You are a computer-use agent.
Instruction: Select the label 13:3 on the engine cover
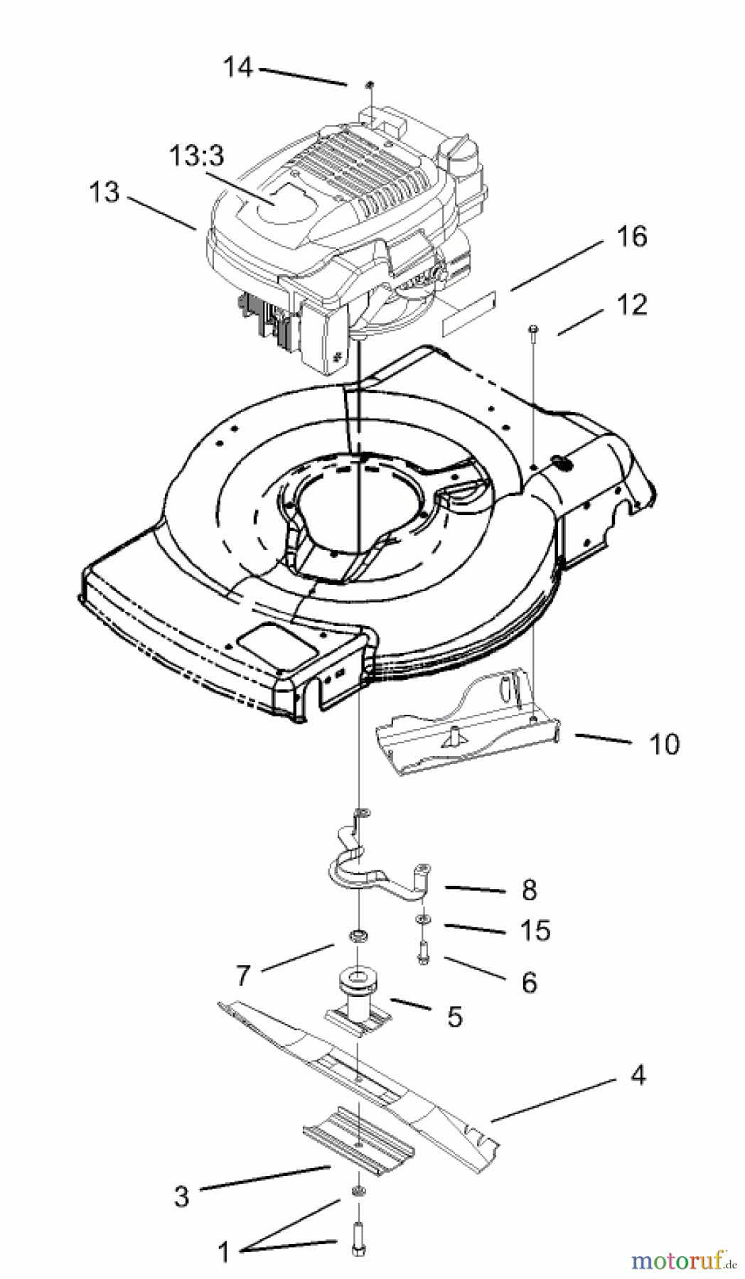click(x=196, y=154)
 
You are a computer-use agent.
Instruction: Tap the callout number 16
click(x=632, y=237)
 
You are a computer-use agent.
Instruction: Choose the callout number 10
click(x=664, y=744)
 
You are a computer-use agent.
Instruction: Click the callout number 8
click(x=529, y=890)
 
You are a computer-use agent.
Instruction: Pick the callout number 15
click(x=535, y=930)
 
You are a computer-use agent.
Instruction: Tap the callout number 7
click(x=243, y=976)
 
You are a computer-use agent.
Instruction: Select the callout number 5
click(x=455, y=1017)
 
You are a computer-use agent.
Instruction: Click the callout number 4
click(x=638, y=1075)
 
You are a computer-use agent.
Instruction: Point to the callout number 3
click(x=182, y=1197)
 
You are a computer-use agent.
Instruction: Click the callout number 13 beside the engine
click(x=104, y=192)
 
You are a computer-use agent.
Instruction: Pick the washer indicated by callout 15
click(x=424, y=920)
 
